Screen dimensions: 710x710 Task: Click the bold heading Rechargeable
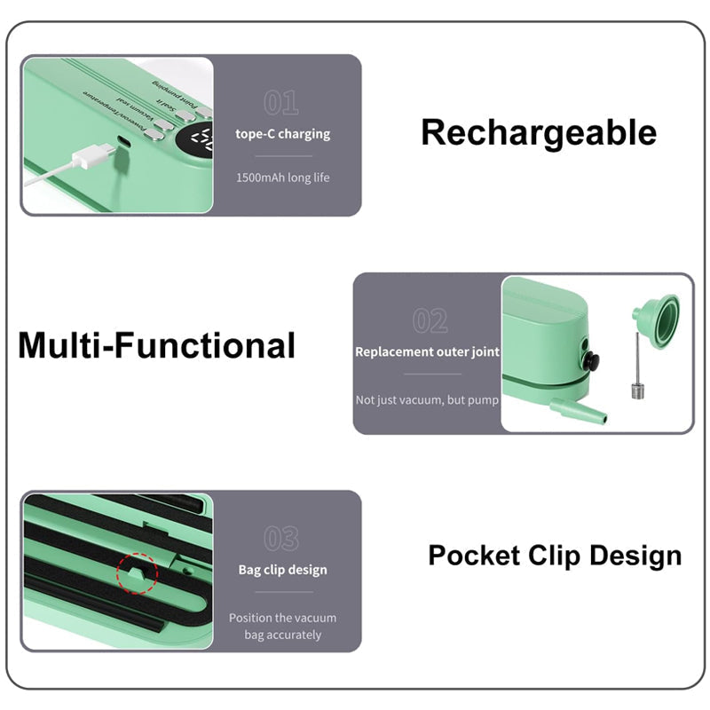(x=538, y=133)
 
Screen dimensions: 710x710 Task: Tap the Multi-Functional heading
(x=156, y=345)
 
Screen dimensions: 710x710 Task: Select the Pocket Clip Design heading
(x=555, y=556)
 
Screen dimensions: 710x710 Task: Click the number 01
(x=281, y=103)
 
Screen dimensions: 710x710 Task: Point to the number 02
(x=430, y=320)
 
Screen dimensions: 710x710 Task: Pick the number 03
(x=281, y=538)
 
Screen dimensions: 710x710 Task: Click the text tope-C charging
(x=282, y=134)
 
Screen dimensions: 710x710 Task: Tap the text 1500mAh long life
(x=282, y=177)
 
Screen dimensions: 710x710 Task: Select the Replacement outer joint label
(x=427, y=351)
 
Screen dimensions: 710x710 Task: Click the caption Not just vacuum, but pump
(x=427, y=400)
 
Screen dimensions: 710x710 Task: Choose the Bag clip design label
(x=282, y=570)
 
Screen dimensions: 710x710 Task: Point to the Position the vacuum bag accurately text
(x=282, y=626)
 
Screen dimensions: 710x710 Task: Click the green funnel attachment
(x=655, y=316)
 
